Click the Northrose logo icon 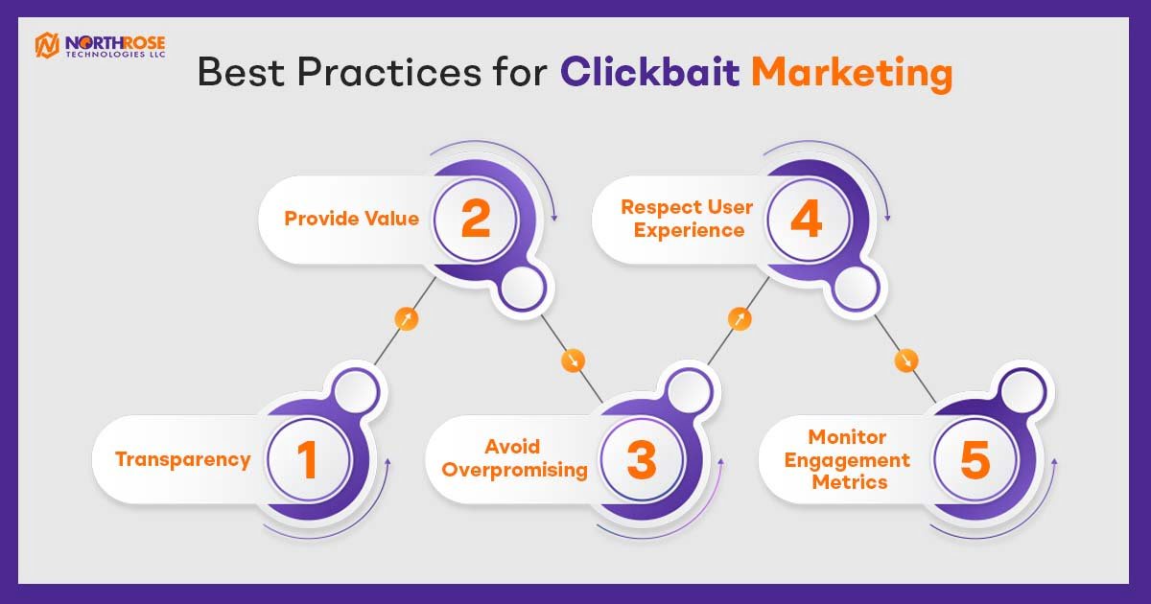[x=47, y=45]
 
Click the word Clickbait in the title [x=650, y=72]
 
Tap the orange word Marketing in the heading [x=853, y=74]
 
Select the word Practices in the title [x=389, y=72]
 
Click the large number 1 [x=307, y=459]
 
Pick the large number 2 [x=476, y=219]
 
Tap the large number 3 [x=642, y=459]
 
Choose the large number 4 [x=807, y=219]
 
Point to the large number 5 [x=975, y=459]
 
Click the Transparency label [x=183, y=459]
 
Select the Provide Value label [x=352, y=219]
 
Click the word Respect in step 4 [x=660, y=207]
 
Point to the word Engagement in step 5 [x=847, y=459]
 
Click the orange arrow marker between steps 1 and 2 [x=407, y=319]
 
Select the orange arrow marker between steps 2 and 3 [x=573, y=360]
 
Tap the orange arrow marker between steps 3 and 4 [x=740, y=319]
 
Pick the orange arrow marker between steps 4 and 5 [x=905, y=360]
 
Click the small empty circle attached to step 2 [x=523, y=289]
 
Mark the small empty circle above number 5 [x=1022, y=392]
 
